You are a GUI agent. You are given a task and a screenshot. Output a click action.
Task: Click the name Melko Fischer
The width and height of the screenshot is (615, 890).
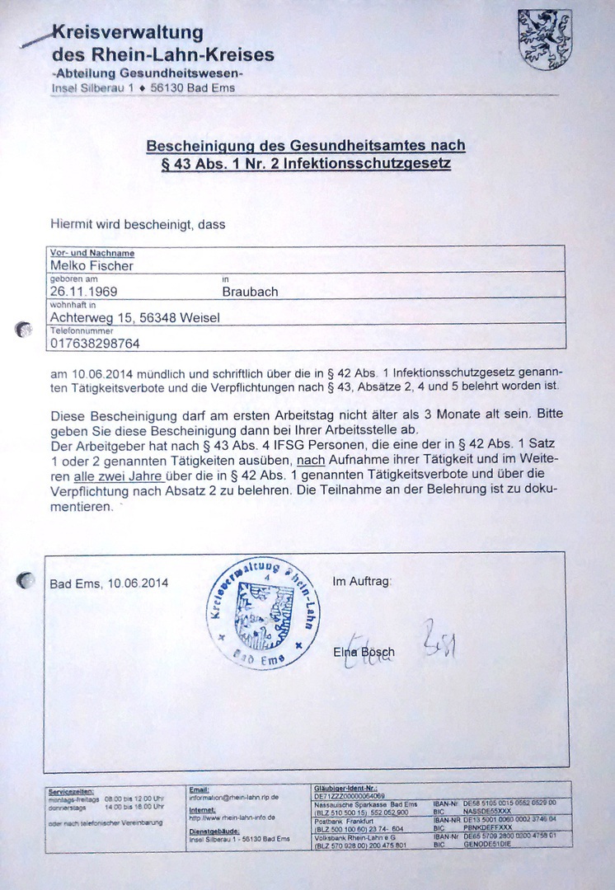(x=92, y=265)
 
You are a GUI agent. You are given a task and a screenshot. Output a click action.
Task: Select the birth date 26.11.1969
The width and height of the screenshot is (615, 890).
(x=83, y=291)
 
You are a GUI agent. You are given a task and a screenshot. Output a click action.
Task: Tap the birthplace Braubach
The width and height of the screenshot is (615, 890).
(x=250, y=292)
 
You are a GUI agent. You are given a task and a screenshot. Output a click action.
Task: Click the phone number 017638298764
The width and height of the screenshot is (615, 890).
(x=95, y=342)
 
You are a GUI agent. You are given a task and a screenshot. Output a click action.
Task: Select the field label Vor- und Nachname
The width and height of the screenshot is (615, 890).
(x=92, y=253)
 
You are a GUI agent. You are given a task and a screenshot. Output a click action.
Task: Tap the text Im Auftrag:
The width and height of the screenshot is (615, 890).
(x=362, y=582)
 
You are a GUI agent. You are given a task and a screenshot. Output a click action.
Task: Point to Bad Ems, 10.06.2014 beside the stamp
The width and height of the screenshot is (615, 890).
(x=109, y=583)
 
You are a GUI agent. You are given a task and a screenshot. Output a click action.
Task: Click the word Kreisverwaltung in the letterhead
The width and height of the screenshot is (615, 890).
(x=128, y=34)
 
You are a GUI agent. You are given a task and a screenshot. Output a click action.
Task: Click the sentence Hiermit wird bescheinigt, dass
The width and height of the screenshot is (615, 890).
(x=137, y=222)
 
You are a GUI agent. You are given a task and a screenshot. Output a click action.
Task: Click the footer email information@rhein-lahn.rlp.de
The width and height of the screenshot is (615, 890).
(x=234, y=798)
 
